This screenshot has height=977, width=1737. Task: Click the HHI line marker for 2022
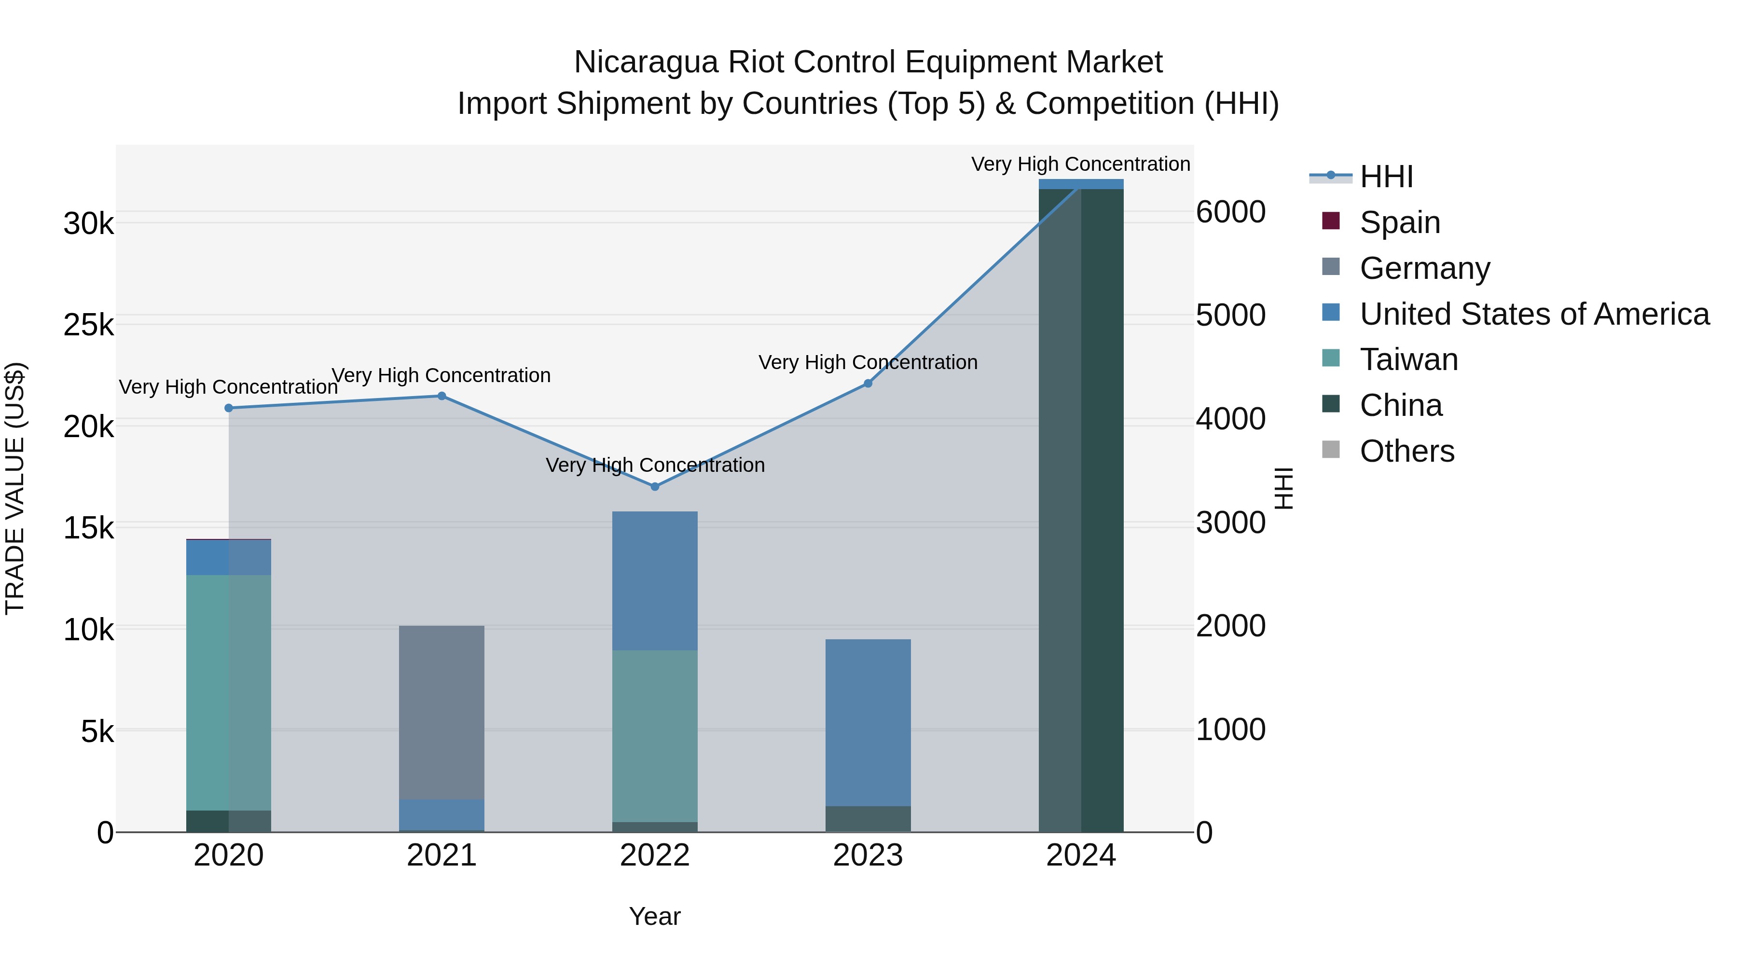coord(655,486)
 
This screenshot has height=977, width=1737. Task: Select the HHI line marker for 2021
coord(441,396)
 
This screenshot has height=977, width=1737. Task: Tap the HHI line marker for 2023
coord(868,383)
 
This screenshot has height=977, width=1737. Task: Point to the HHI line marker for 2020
coord(229,408)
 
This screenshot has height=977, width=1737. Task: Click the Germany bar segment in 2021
coord(441,712)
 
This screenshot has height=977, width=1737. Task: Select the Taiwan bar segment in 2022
coord(655,735)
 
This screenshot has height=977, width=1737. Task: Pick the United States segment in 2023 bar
coord(868,721)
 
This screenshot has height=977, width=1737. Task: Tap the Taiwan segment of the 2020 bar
coord(229,692)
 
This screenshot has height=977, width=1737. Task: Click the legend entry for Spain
coord(1399,222)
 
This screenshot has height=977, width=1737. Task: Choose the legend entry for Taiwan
coord(1408,359)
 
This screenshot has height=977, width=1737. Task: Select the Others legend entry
coord(1406,451)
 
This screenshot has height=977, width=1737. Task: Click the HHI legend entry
coord(1386,177)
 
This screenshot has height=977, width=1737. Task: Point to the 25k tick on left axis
coord(88,326)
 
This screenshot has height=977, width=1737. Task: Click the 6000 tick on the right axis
coord(1230,212)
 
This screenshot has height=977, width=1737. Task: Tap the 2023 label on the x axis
coord(868,855)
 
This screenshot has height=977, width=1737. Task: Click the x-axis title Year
coord(655,916)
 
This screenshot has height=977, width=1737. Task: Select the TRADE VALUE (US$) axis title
coord(15,488)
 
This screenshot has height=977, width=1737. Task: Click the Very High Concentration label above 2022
coord(655,465)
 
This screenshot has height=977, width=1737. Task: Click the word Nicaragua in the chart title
coord(645,62)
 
